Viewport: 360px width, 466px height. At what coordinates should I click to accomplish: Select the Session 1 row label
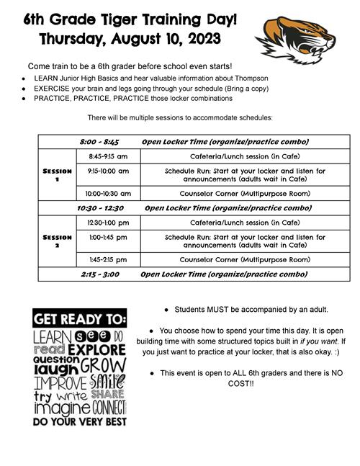click(57, 175)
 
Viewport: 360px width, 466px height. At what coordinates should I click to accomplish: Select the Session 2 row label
click(57, 241)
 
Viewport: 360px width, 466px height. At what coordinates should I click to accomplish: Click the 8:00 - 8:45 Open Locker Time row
click(194, 142)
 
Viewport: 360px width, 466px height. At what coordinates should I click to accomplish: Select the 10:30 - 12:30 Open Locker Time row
click(194, 207)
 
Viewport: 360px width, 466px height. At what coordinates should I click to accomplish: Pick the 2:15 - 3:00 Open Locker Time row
click(194, 274)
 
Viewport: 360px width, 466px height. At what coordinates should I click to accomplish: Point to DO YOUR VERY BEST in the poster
click(80, 421)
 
